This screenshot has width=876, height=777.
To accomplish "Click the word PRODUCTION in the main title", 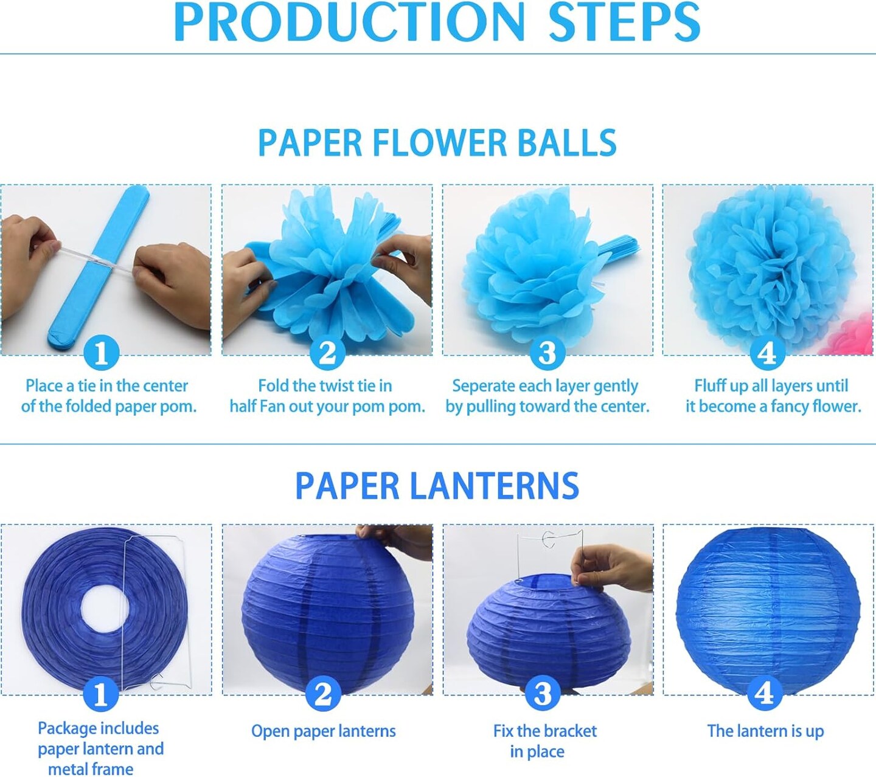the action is coord(349,22).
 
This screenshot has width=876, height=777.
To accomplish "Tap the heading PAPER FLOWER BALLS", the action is coord(437,143).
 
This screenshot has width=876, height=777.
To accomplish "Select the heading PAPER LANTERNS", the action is coord(437,486).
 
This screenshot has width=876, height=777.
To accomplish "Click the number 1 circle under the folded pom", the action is coord(101,353).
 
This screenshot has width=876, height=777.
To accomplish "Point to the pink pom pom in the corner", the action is coord(847,335).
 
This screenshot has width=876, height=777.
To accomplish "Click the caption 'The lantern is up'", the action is coord(765,731).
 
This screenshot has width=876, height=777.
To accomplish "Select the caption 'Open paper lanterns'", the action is coord(324,731).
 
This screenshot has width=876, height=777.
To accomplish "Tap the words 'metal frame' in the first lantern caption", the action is coord(91,769).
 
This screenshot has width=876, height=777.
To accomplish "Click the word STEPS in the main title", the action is coord(624,22).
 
